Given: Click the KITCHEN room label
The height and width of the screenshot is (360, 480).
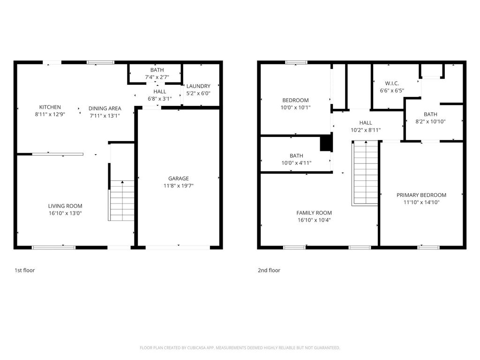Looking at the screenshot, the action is [50, 107].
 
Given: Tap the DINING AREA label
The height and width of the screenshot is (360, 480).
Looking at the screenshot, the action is [105, 108].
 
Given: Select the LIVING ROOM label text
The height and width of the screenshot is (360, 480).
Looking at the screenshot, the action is [65, 206].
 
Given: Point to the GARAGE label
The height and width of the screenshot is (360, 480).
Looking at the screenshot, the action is [179, 179].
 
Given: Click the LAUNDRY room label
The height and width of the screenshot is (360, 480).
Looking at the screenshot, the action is [198, 86].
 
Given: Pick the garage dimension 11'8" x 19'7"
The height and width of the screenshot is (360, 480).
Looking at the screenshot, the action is [179, 186].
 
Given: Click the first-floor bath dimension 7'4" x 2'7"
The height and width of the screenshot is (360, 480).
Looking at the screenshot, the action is [157, 77].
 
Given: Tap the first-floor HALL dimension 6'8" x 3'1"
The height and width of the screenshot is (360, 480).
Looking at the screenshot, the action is [159, 98].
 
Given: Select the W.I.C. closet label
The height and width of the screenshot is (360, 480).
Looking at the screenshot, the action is [392, 83].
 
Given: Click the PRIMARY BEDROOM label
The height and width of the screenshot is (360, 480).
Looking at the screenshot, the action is [421, 195].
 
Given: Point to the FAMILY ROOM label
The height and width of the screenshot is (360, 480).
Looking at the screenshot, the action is [314, 213].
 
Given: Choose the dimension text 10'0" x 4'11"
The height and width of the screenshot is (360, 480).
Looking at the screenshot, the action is [296, 163].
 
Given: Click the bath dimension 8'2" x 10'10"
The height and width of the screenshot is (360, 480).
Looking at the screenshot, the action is [430, 121].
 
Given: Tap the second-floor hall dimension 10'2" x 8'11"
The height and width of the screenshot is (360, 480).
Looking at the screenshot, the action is [366, 130].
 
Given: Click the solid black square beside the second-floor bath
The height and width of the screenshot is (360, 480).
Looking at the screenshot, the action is [326, 143].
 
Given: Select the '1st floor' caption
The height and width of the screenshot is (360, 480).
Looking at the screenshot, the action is [24, 270].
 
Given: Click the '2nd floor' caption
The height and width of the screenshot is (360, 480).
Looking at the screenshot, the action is [269, 270].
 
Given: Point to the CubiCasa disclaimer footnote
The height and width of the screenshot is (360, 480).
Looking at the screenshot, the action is [240, 348].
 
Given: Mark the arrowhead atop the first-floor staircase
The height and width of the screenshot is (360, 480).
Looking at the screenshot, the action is [122, 182].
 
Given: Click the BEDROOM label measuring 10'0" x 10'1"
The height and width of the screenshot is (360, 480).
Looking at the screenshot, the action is [295, 100].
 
